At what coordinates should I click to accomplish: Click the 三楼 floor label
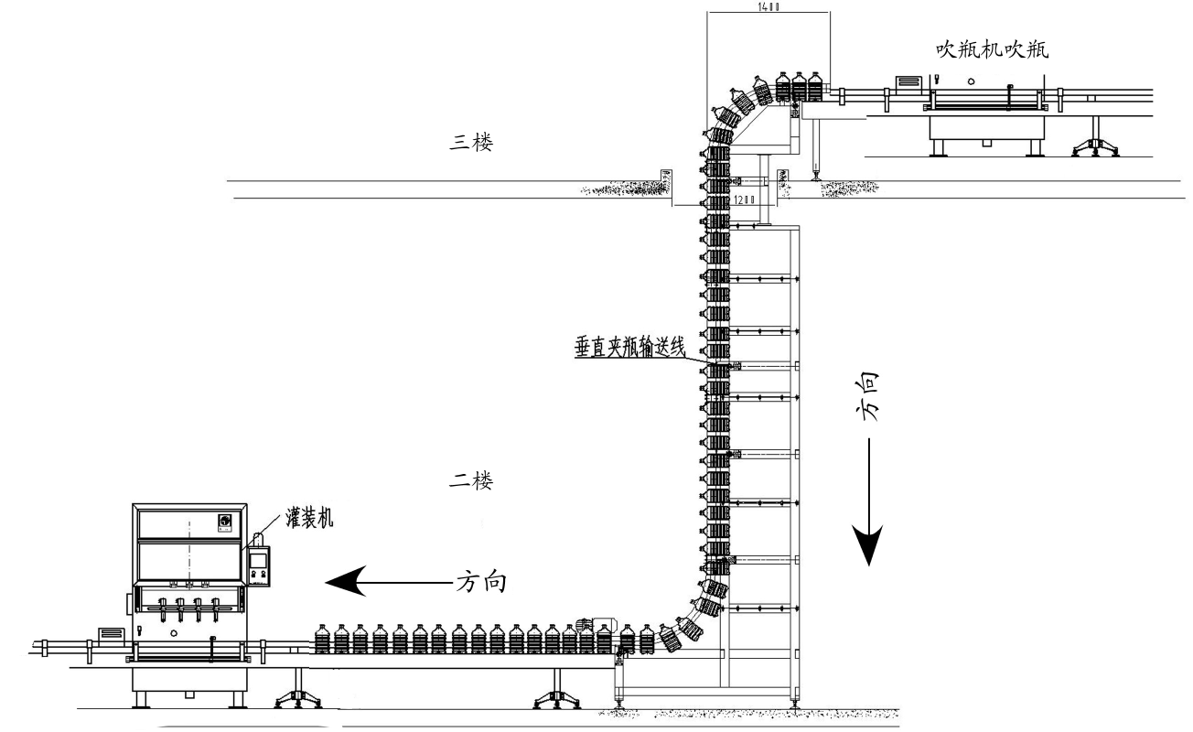coord(470,143)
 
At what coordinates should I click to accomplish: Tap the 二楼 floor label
coord(470,479)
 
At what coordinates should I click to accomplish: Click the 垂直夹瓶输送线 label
coord(630,349)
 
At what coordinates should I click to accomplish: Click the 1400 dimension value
coord(768,6)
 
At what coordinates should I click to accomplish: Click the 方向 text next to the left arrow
coord(481,580)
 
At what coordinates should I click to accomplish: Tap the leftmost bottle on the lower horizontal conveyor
coord(321,639)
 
